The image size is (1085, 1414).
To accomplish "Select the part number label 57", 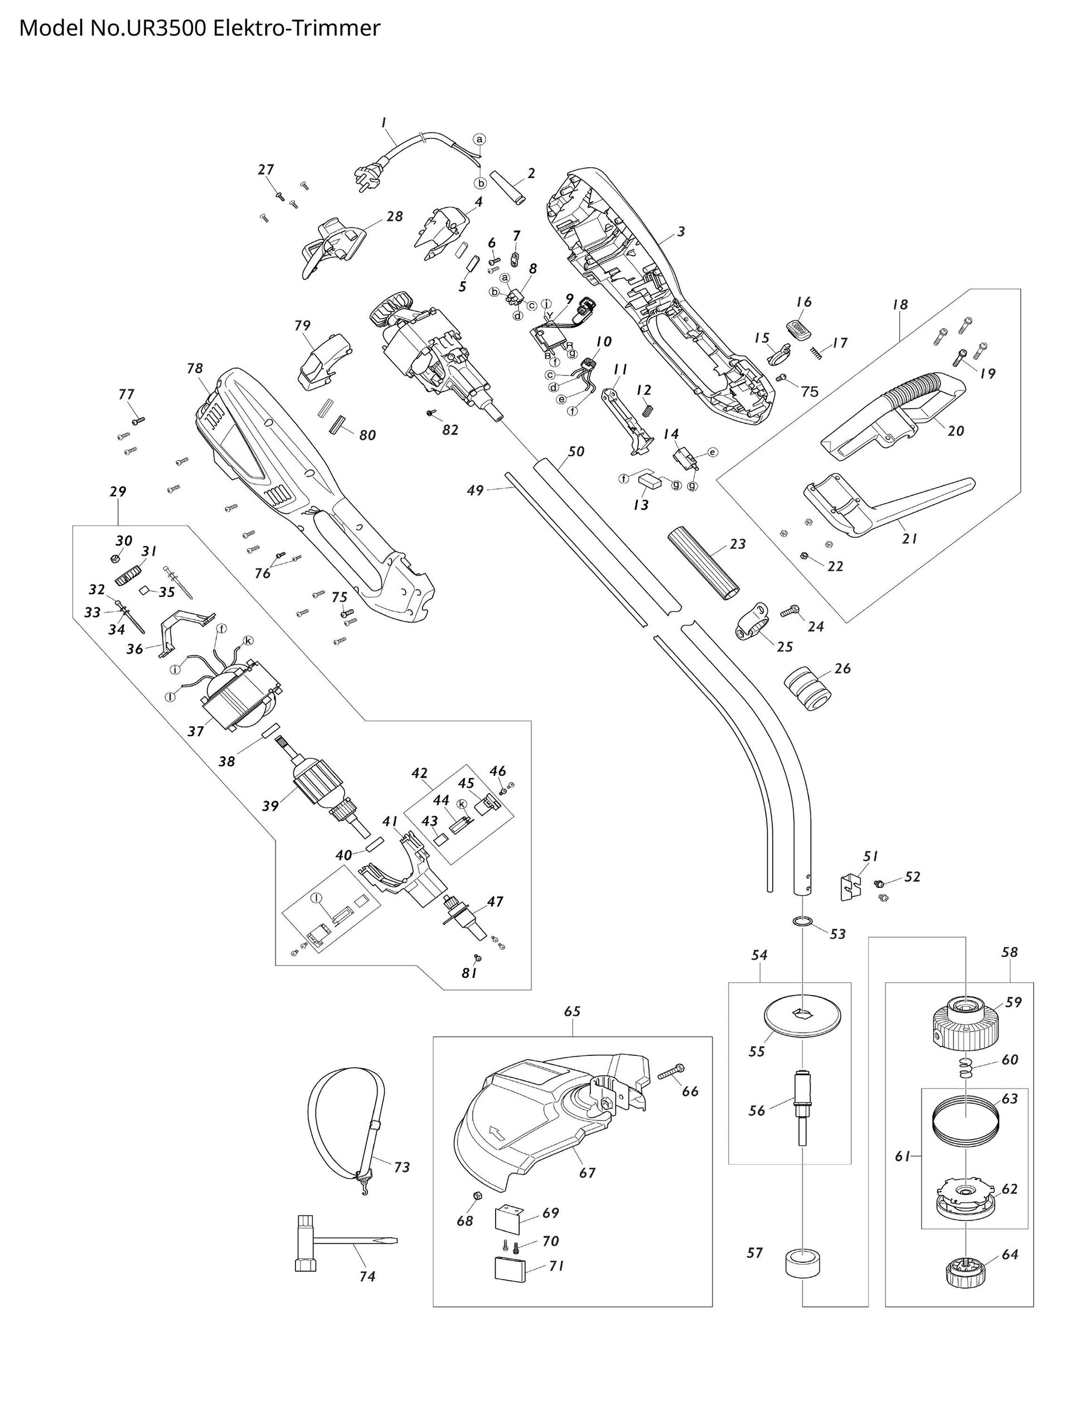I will pos(754,1252).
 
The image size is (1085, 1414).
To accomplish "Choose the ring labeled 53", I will pos(801,920).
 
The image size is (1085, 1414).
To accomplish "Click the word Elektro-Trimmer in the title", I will pos(297,28).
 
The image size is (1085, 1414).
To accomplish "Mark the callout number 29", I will pos(118,491).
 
